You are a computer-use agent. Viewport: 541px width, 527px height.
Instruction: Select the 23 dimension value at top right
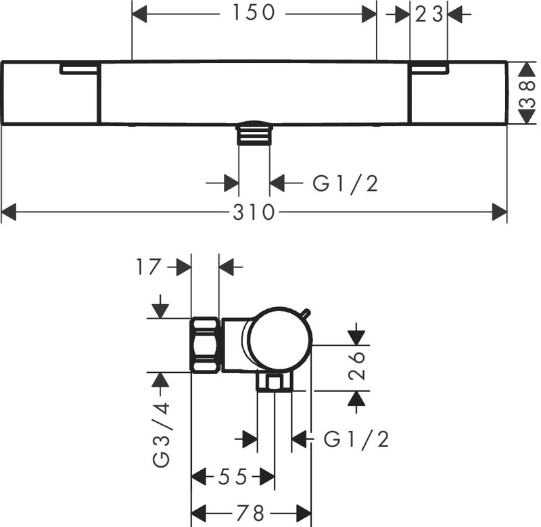pos(429,13)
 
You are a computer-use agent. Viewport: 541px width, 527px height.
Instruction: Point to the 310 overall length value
pos(254,213)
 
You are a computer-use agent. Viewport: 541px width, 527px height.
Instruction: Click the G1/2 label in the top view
pos(345,183)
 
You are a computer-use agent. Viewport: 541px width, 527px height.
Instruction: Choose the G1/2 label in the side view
pos(356,440)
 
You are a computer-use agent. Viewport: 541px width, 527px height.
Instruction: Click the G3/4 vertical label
pos(161,434)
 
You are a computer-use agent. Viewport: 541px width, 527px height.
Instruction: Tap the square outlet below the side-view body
pos(273,384)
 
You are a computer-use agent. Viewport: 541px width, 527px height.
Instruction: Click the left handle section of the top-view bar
pos(51,93)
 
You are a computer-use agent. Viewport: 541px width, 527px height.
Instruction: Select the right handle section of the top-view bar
pos(458,93)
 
